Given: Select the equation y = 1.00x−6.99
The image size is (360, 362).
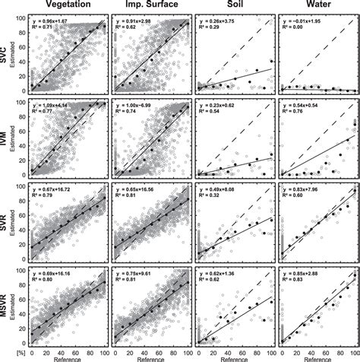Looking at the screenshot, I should (135, 103).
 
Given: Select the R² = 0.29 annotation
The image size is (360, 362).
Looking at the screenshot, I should (212, 27).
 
